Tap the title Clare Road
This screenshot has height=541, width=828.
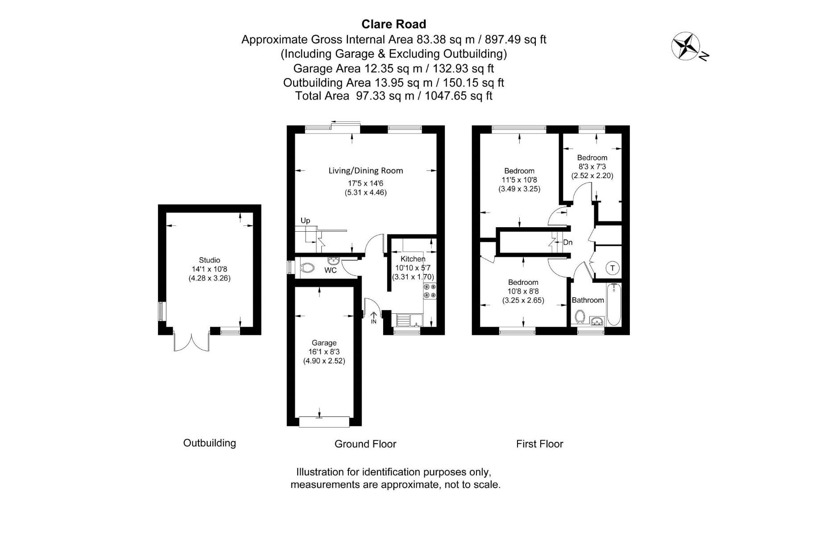(393, 24)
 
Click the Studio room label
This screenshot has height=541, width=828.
(209, 260)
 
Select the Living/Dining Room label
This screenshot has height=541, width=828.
(365, 171)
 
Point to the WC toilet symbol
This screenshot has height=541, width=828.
(307, 268)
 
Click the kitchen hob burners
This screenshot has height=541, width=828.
(430, 291)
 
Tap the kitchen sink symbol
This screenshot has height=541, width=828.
(409, 320)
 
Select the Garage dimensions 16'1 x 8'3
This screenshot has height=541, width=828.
(324, 352)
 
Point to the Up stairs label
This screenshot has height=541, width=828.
(305, 221)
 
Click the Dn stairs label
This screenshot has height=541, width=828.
(567, 242)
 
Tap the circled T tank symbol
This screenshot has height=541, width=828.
(613, 268)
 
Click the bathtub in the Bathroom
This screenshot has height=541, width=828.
(614, 304)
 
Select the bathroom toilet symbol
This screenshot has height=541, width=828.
(580, 316)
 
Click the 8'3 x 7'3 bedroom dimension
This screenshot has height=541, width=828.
(592, 166)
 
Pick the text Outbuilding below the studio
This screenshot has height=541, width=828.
(209, 443)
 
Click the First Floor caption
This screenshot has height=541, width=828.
(539, 444)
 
